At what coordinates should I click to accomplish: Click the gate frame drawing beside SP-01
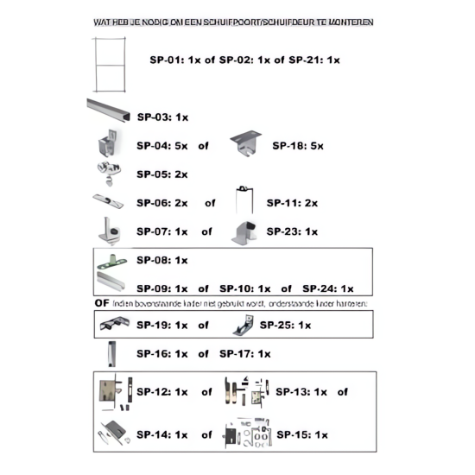coord(111,60)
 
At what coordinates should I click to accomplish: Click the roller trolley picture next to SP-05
coord(108,173)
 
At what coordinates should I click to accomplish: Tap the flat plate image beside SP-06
coord(109,202)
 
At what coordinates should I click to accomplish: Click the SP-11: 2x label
coord(292,203)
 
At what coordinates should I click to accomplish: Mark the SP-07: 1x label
coord(161,231)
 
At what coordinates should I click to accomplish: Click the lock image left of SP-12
coord(110,391)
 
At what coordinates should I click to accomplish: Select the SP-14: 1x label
coord(161,434)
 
